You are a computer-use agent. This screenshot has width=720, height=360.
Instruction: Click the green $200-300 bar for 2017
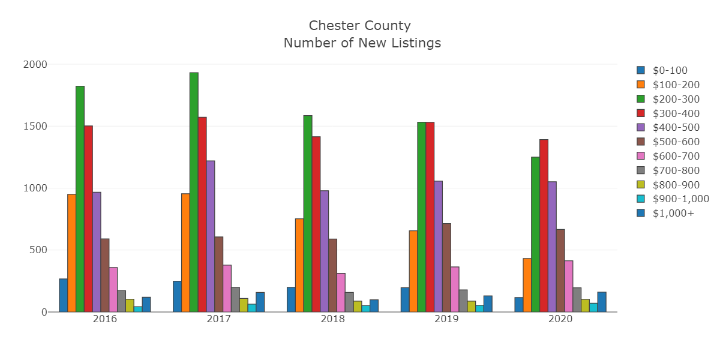194,192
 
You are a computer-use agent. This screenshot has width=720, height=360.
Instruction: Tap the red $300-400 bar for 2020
544,226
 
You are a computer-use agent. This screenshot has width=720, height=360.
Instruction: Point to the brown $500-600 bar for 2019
446,268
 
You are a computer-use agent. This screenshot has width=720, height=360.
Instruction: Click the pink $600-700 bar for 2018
341,293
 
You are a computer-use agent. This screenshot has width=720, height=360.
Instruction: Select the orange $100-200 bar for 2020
527,285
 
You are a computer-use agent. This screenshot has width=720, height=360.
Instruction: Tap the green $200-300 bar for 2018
308,214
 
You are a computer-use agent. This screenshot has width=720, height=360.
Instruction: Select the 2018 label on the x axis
332,319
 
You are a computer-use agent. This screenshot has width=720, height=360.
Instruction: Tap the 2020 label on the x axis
560,319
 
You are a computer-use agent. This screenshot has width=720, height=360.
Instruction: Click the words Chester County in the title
360,26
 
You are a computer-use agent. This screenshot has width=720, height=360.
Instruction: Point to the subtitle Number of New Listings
362,43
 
